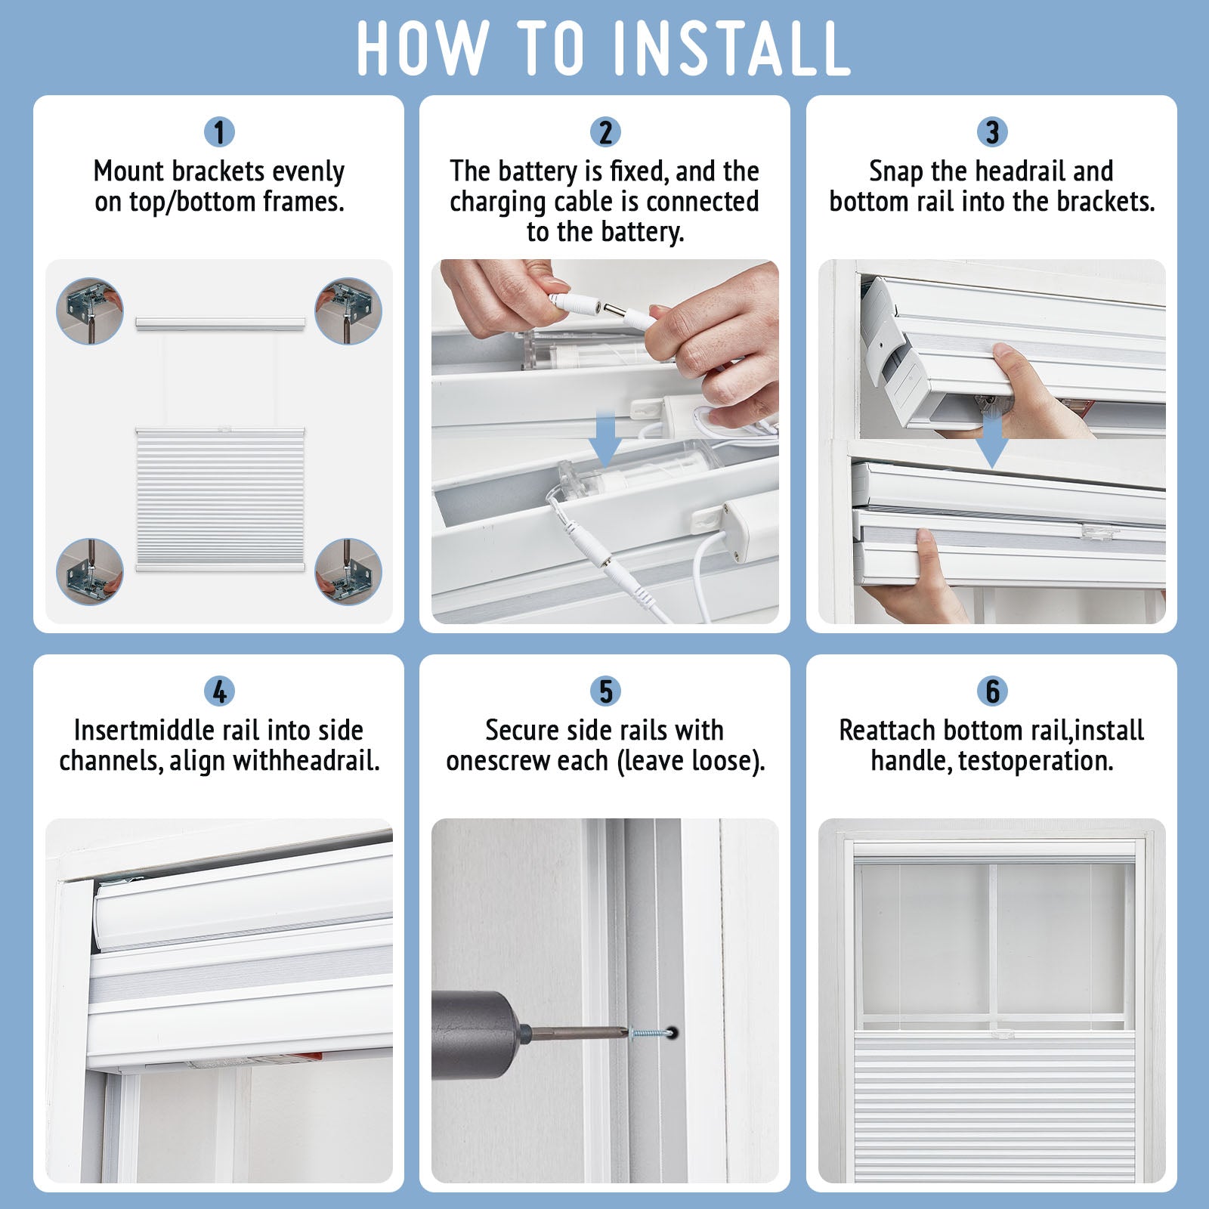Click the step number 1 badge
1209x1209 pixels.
click(219, 132)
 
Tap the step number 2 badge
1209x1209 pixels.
click(605, 132)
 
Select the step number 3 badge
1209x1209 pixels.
click(992, 132)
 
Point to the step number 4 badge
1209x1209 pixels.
click(219, 691)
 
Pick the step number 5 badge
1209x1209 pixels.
click(605, 691)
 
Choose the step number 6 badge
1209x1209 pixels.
click(992, 691)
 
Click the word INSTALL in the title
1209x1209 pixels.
click(732, 48)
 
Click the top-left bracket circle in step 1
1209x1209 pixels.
click(90, 311)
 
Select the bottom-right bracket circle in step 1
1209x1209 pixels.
click(348, 571)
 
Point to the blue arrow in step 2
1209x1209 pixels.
click(604, 438)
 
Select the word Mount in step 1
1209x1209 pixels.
click(128, 172)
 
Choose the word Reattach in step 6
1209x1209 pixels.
click(888, 731)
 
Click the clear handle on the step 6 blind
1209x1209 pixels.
click(1002, 1032)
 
